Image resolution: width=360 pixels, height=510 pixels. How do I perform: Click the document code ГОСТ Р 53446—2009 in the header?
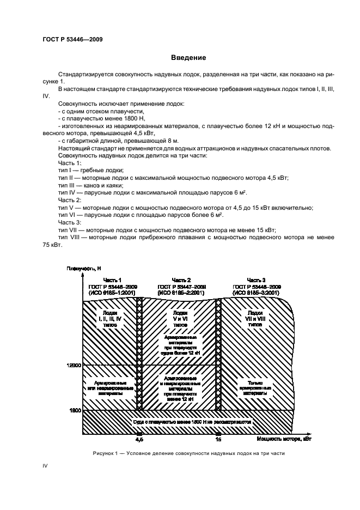tap(72, 39)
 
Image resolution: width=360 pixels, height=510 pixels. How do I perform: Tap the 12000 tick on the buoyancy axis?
tap(72, 365)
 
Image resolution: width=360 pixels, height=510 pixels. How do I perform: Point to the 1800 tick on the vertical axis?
tap(75, 410)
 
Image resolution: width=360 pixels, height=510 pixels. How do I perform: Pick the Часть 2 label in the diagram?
tap(181, 280)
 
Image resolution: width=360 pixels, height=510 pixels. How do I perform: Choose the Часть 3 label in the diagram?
tap(256, 280)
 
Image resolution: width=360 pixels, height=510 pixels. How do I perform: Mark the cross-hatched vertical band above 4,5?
tap(139, 354)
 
